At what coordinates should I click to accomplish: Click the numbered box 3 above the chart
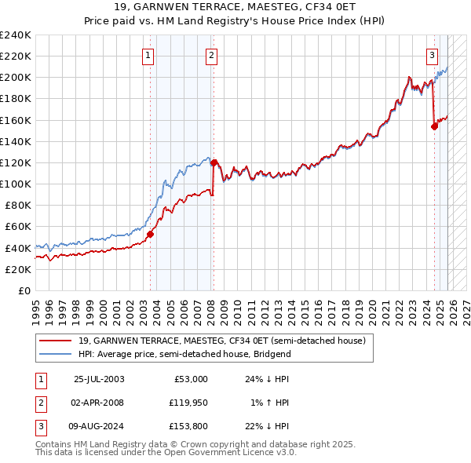pos(433,55)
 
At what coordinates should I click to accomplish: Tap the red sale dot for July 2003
pos(150,233)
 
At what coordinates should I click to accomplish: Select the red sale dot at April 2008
pos(214,162)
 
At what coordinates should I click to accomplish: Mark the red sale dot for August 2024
pos(434,126)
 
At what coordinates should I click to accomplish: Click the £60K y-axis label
pos(17,226)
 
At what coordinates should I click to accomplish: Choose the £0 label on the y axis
pos(24,290)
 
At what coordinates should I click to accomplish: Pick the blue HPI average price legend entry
pos(184,354)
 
